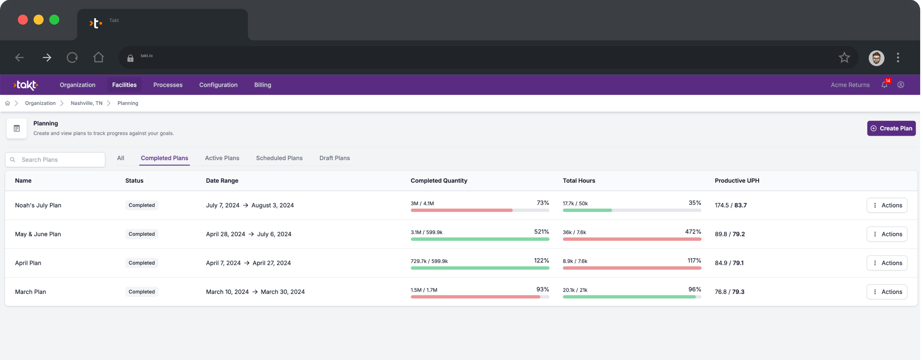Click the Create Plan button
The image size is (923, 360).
(891, 128)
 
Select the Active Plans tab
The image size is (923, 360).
(222, 158)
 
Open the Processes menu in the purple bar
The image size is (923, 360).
(168, 85)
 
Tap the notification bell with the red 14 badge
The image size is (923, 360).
(884, 85)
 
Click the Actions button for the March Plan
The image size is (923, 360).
(886, 292)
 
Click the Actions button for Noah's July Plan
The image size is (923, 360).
(886, 205)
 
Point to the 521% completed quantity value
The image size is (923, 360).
(541, 232)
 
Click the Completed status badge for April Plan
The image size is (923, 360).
(142, 263)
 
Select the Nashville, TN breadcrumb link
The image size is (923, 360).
(86, 103)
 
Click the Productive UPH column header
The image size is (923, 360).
(737, 181)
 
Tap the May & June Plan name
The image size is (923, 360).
(38, 234)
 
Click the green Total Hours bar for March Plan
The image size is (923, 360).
(629, 297)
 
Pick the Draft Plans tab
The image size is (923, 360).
(334, 158)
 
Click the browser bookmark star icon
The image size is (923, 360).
(844, 57)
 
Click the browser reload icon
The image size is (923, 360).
(72, 57)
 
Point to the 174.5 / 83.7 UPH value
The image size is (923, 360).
(730, 205)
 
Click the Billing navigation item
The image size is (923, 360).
(262, 85)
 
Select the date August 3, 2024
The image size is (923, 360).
(272, 205)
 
